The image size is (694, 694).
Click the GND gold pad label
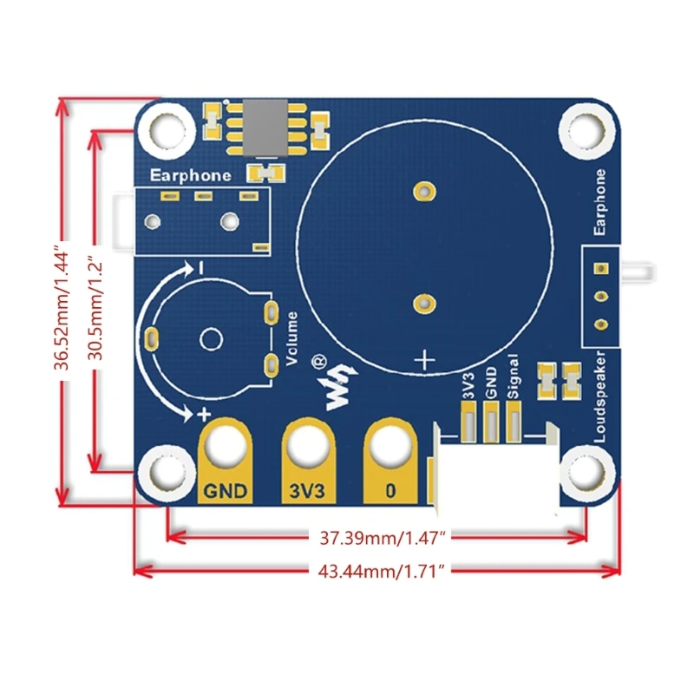point(227,490)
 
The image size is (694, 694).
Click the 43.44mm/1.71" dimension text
point(378,570)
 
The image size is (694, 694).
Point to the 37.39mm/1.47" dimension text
point(378,538)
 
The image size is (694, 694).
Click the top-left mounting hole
point(165,132)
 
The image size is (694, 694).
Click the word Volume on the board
point(291,337)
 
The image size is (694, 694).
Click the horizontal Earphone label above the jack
point(191,175)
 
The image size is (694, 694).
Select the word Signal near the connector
point(514,377)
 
